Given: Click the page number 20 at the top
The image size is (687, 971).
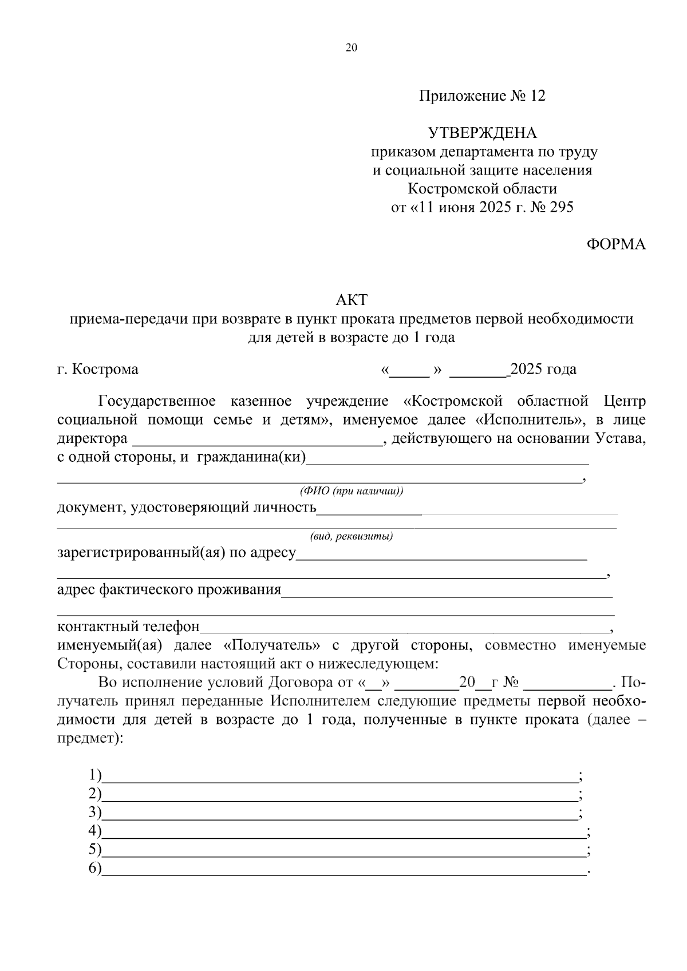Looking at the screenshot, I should tap(352, 48).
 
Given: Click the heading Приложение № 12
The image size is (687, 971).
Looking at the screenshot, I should tap(482, 96).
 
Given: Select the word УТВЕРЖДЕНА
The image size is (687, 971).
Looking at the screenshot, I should tap(483, 133).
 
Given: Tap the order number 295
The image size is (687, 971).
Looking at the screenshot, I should tap(561, 207).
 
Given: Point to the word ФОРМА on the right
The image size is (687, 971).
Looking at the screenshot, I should tap(616, 244).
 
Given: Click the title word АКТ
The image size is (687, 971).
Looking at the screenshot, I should tap(351, 299).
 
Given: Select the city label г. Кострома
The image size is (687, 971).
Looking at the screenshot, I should tap(98, 369).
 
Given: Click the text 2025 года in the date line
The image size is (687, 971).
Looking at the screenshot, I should tap(543, 369).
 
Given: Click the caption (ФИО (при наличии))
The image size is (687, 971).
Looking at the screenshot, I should tap(351, 492).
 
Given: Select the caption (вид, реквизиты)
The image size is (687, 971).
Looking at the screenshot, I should tap(351, 537).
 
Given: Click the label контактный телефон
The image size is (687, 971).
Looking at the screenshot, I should tap(128, 627).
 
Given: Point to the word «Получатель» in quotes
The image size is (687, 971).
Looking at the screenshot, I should tap(272, 645).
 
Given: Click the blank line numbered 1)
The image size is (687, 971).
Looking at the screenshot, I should tap(339, 777).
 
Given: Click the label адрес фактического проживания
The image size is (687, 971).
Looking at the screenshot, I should tap(169, 590).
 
